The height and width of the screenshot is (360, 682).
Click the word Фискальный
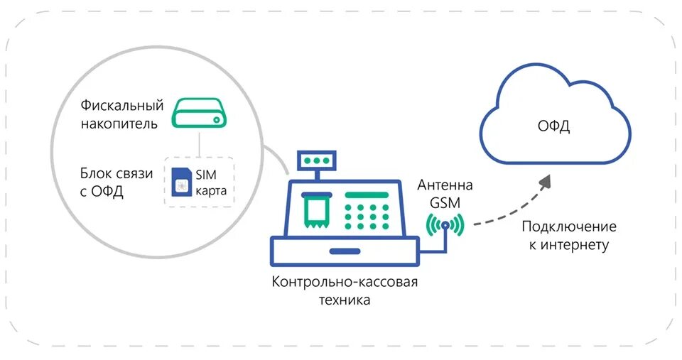[122, 105]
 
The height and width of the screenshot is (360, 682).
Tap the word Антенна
[445, 185]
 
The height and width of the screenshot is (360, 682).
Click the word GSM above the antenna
[445, 202]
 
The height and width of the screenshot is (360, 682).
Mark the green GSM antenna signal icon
[445, 225]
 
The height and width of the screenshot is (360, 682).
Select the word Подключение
[568, 227]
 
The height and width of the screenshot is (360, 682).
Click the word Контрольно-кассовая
[345, 282]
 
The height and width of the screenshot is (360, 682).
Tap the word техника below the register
[344, 300]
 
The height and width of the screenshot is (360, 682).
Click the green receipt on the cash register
[315, 209]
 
